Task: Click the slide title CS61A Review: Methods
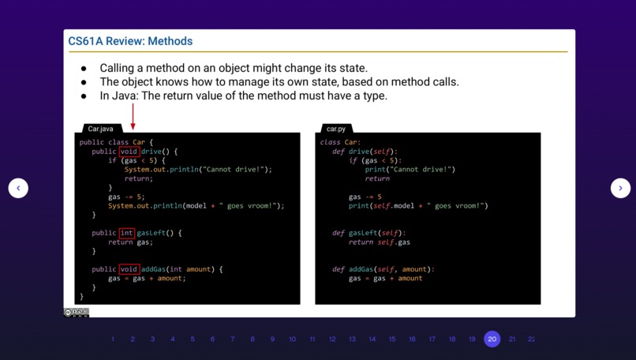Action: [x=130, y=41]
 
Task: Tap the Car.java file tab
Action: [x=100, y=129]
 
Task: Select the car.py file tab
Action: [x=336, y=129]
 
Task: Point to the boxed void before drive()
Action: [x=129, y=152]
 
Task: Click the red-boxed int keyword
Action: [x=127, y=233]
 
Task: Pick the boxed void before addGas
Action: [x=129, y=269]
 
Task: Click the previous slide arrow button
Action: [x=18, y=188]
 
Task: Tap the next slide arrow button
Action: [x=620, y=188]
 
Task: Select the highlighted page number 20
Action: [x=492, y=339]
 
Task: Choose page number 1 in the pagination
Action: [x=113, y=339]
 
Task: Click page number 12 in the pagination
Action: [x=332, y=339]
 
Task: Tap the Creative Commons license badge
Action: [x=77, y=313]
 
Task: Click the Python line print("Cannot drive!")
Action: [x=410, y=169]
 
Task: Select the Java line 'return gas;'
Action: [x=130, y=242]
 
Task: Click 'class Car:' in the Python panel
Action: [x=340, y=142]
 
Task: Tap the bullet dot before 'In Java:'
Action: [x=84, y=96]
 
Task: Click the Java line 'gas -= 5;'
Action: [x=126, y=197]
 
